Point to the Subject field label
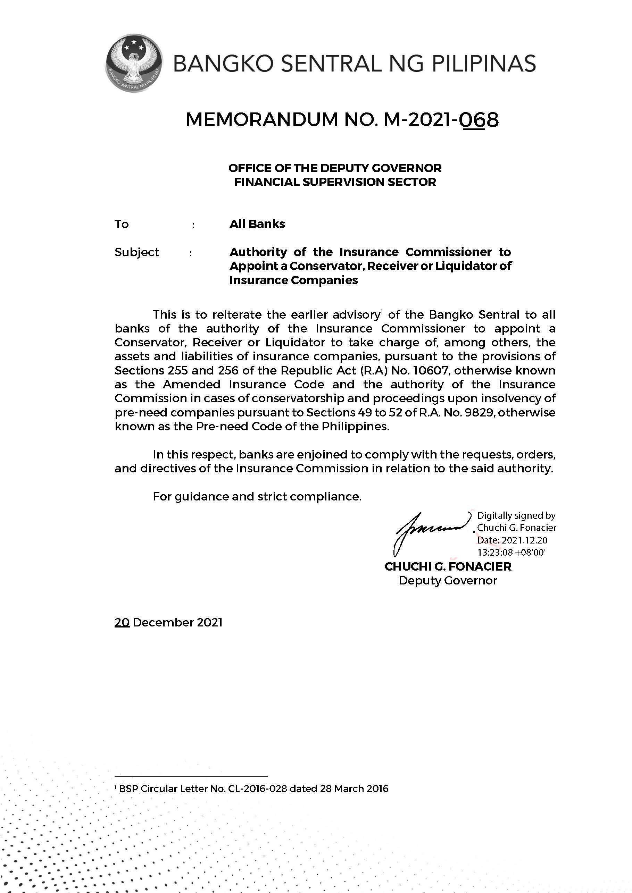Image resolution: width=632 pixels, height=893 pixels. [136, 252]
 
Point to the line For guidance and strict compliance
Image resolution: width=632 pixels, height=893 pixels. [257, 497]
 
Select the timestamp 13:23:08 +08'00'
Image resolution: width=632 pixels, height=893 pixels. [512, 552]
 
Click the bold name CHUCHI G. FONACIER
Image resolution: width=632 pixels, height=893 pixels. [448, 567]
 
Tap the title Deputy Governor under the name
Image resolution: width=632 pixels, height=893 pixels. [448, 581]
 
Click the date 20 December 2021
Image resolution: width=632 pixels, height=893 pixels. [168, 623]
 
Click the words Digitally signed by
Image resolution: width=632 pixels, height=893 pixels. [516, 516]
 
